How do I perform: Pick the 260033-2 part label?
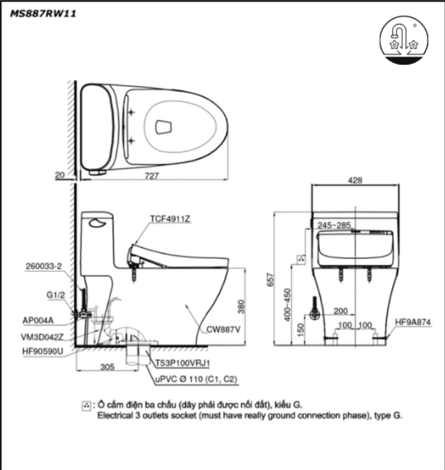[44, 266]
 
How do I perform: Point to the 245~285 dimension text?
[335, 224]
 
